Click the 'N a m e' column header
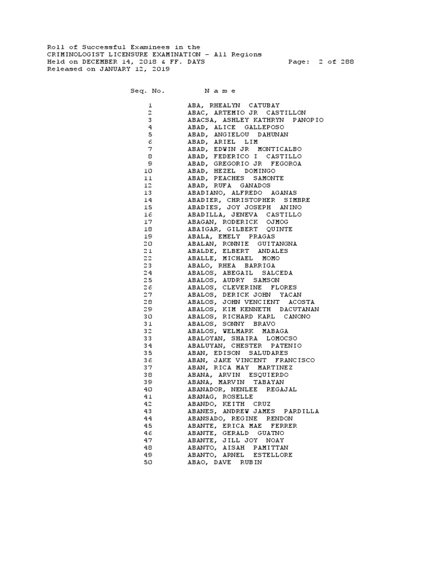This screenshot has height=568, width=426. click(220, 90)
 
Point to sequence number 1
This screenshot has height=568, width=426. click(150, 105)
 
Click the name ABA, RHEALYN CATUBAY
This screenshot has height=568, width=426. click(234, 105)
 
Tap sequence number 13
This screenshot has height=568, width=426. click(148, 192)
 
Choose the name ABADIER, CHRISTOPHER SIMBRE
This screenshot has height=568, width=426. click(249, 200)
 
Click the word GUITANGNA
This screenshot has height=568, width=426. click(277, 244)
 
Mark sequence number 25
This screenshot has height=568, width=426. click(148, 280)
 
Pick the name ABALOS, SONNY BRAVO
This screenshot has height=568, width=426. click(227, 324)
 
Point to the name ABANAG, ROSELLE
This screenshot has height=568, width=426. click(220, 397)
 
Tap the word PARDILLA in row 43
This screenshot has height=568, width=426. click(301, 411)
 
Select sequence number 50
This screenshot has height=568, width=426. click(148, 462)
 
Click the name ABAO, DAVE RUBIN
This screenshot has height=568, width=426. click(225, 462)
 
